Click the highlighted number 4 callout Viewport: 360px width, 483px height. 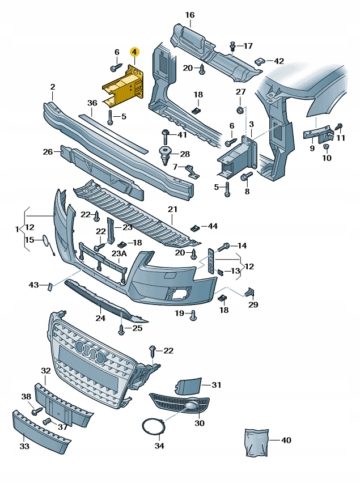click(x=134, y=52)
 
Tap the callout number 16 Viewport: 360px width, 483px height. click(x=189, y=15)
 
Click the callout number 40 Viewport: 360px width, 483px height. click(x=286, y=440)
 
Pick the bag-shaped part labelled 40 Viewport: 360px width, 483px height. click(x=255, y=443)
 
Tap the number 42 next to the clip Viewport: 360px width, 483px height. click(x=279, y=61)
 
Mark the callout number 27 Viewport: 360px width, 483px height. click(x=241, y=92)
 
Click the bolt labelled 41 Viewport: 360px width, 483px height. click(x=164, y=135)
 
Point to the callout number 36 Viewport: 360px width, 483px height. click(x=92, y=103)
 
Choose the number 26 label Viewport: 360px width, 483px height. click(x=48, y=151)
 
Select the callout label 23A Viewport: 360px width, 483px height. click(x=119, y=253)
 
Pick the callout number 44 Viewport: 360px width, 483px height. click(x=213, y=226)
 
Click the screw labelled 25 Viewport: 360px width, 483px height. click(x=121, y=328)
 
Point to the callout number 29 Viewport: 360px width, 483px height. click(x=253, y=304)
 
